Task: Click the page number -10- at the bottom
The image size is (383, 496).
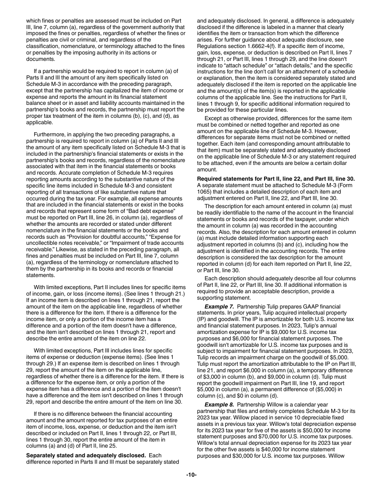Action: pos(191,486)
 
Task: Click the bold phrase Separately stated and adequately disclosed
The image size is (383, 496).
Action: pos(86,455)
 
